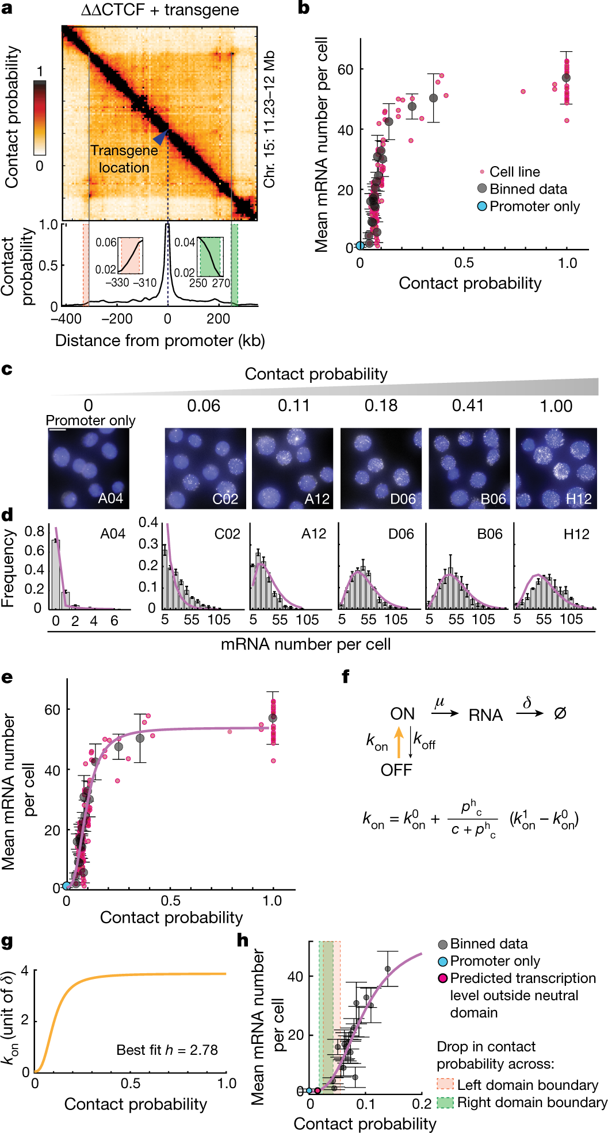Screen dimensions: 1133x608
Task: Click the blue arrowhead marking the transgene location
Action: [x=160, y=137]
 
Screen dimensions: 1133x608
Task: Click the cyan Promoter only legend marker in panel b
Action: [x=482, y=206]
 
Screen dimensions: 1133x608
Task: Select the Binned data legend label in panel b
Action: [x=528, y=189]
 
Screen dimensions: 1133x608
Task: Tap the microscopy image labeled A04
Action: [x=89, y=468]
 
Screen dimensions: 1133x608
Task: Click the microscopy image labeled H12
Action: [x=556, y=468]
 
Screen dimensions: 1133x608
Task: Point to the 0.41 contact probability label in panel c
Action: [x=468, y=406]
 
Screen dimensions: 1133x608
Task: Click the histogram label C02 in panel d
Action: [x=227, y=534]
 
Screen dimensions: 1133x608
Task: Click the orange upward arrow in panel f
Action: [x=399, y=742]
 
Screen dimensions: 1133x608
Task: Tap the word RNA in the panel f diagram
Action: [x=485, y=715]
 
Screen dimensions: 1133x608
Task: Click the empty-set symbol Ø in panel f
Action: [x=560, y=713]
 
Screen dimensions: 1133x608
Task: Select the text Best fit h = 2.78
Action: [x=167, y=1050]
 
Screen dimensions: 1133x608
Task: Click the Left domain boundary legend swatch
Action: [x=445, y=1085]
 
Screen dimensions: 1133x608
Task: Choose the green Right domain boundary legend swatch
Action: [x=445, y=1103]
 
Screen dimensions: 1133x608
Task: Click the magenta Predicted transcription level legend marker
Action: [x=443, y=978]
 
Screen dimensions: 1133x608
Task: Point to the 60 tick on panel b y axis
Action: [x=345, y=70]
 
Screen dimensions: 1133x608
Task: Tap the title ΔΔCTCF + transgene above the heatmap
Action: [x=160, y=10]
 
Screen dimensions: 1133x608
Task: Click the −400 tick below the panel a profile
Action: [x=66, y=319]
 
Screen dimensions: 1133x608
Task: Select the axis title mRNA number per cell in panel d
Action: [x=305, y=644]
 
